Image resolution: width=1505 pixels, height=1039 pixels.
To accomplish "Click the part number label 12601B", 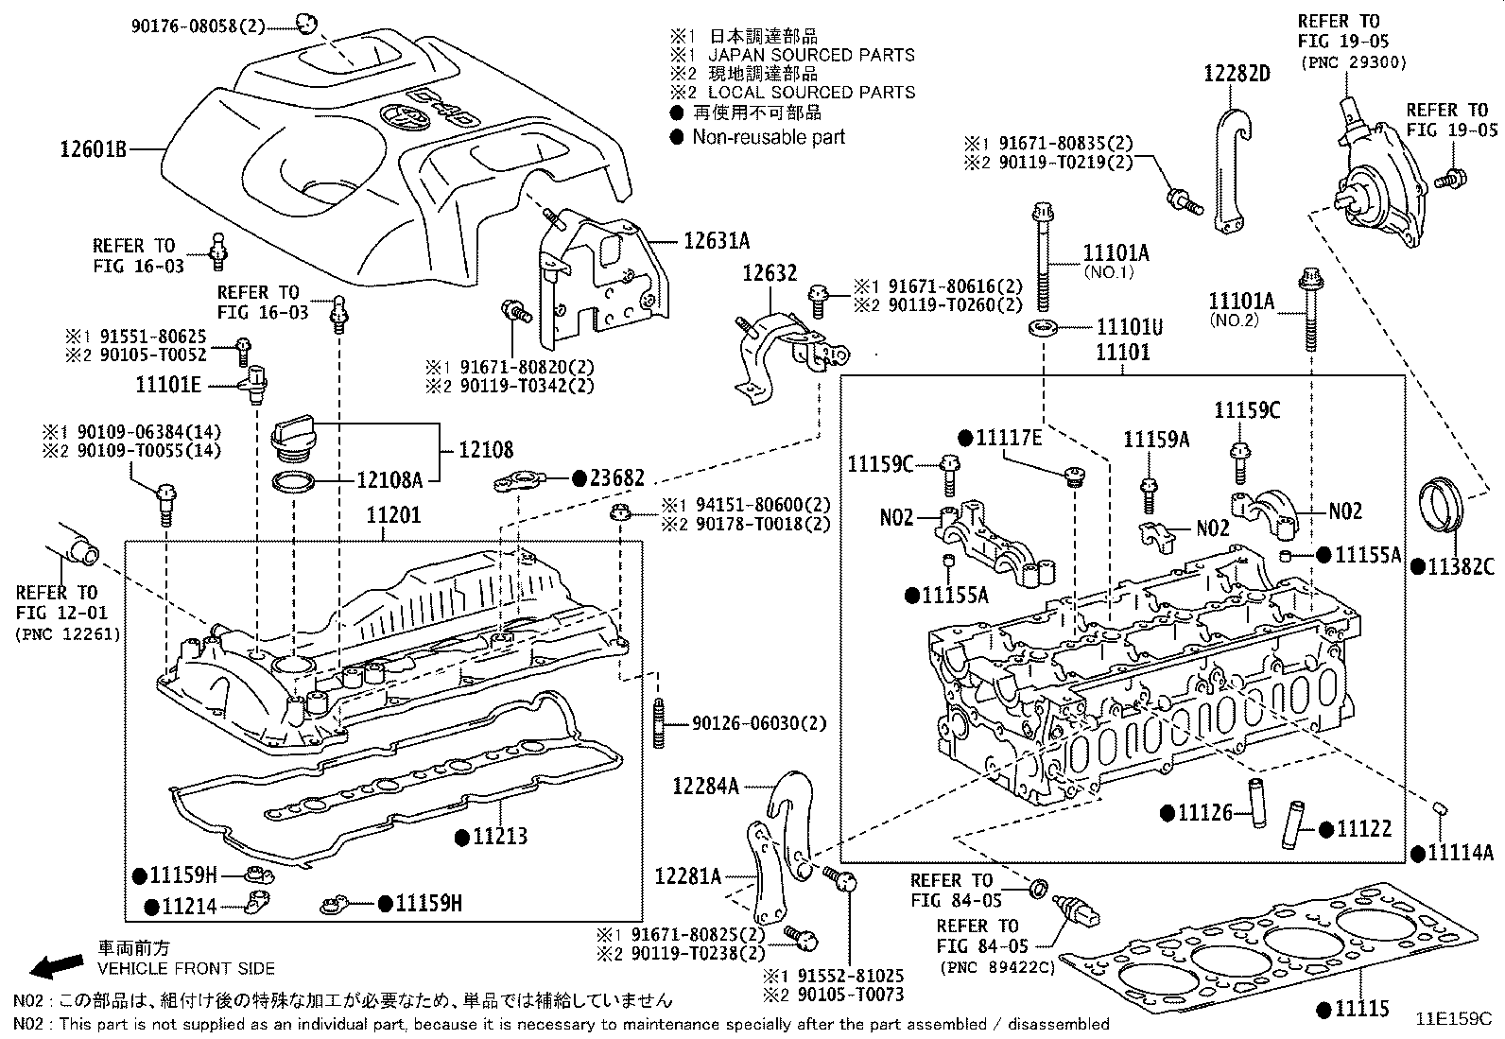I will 93,148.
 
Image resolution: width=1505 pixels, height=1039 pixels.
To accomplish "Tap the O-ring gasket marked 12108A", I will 295,483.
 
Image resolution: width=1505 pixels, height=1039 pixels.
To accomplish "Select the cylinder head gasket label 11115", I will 1362,1009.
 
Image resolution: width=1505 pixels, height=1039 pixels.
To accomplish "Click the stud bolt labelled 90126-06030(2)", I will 657,723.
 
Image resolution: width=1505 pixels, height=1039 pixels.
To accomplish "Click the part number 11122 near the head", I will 1364,829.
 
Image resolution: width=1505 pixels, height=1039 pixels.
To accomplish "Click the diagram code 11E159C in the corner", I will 1452,1019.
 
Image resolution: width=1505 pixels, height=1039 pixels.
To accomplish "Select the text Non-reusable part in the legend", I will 768,137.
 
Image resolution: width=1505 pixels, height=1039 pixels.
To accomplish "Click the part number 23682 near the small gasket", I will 616,479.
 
